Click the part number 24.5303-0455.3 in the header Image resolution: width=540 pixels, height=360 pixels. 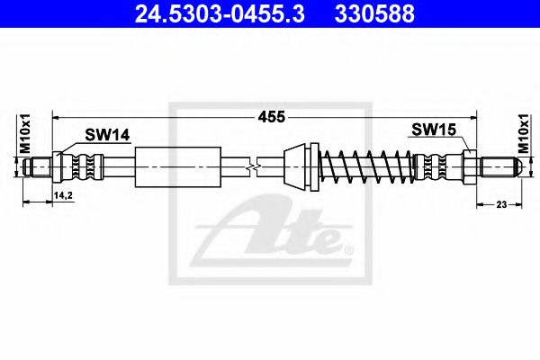point(220,14)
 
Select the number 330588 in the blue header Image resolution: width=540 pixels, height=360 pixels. point(374,14)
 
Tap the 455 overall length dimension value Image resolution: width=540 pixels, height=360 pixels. point(272,117)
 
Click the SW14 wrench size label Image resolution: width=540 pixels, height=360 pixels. point(107,135)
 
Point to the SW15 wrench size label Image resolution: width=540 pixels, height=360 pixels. point(434,130)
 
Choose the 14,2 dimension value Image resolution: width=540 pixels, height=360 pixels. point(63,195)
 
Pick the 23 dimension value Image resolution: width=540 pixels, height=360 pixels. point(501,204)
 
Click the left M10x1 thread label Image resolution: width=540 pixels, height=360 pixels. point(25,133)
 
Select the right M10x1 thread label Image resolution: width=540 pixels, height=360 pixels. point(524,134)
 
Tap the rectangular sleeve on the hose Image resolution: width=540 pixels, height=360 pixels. point(177,167)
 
